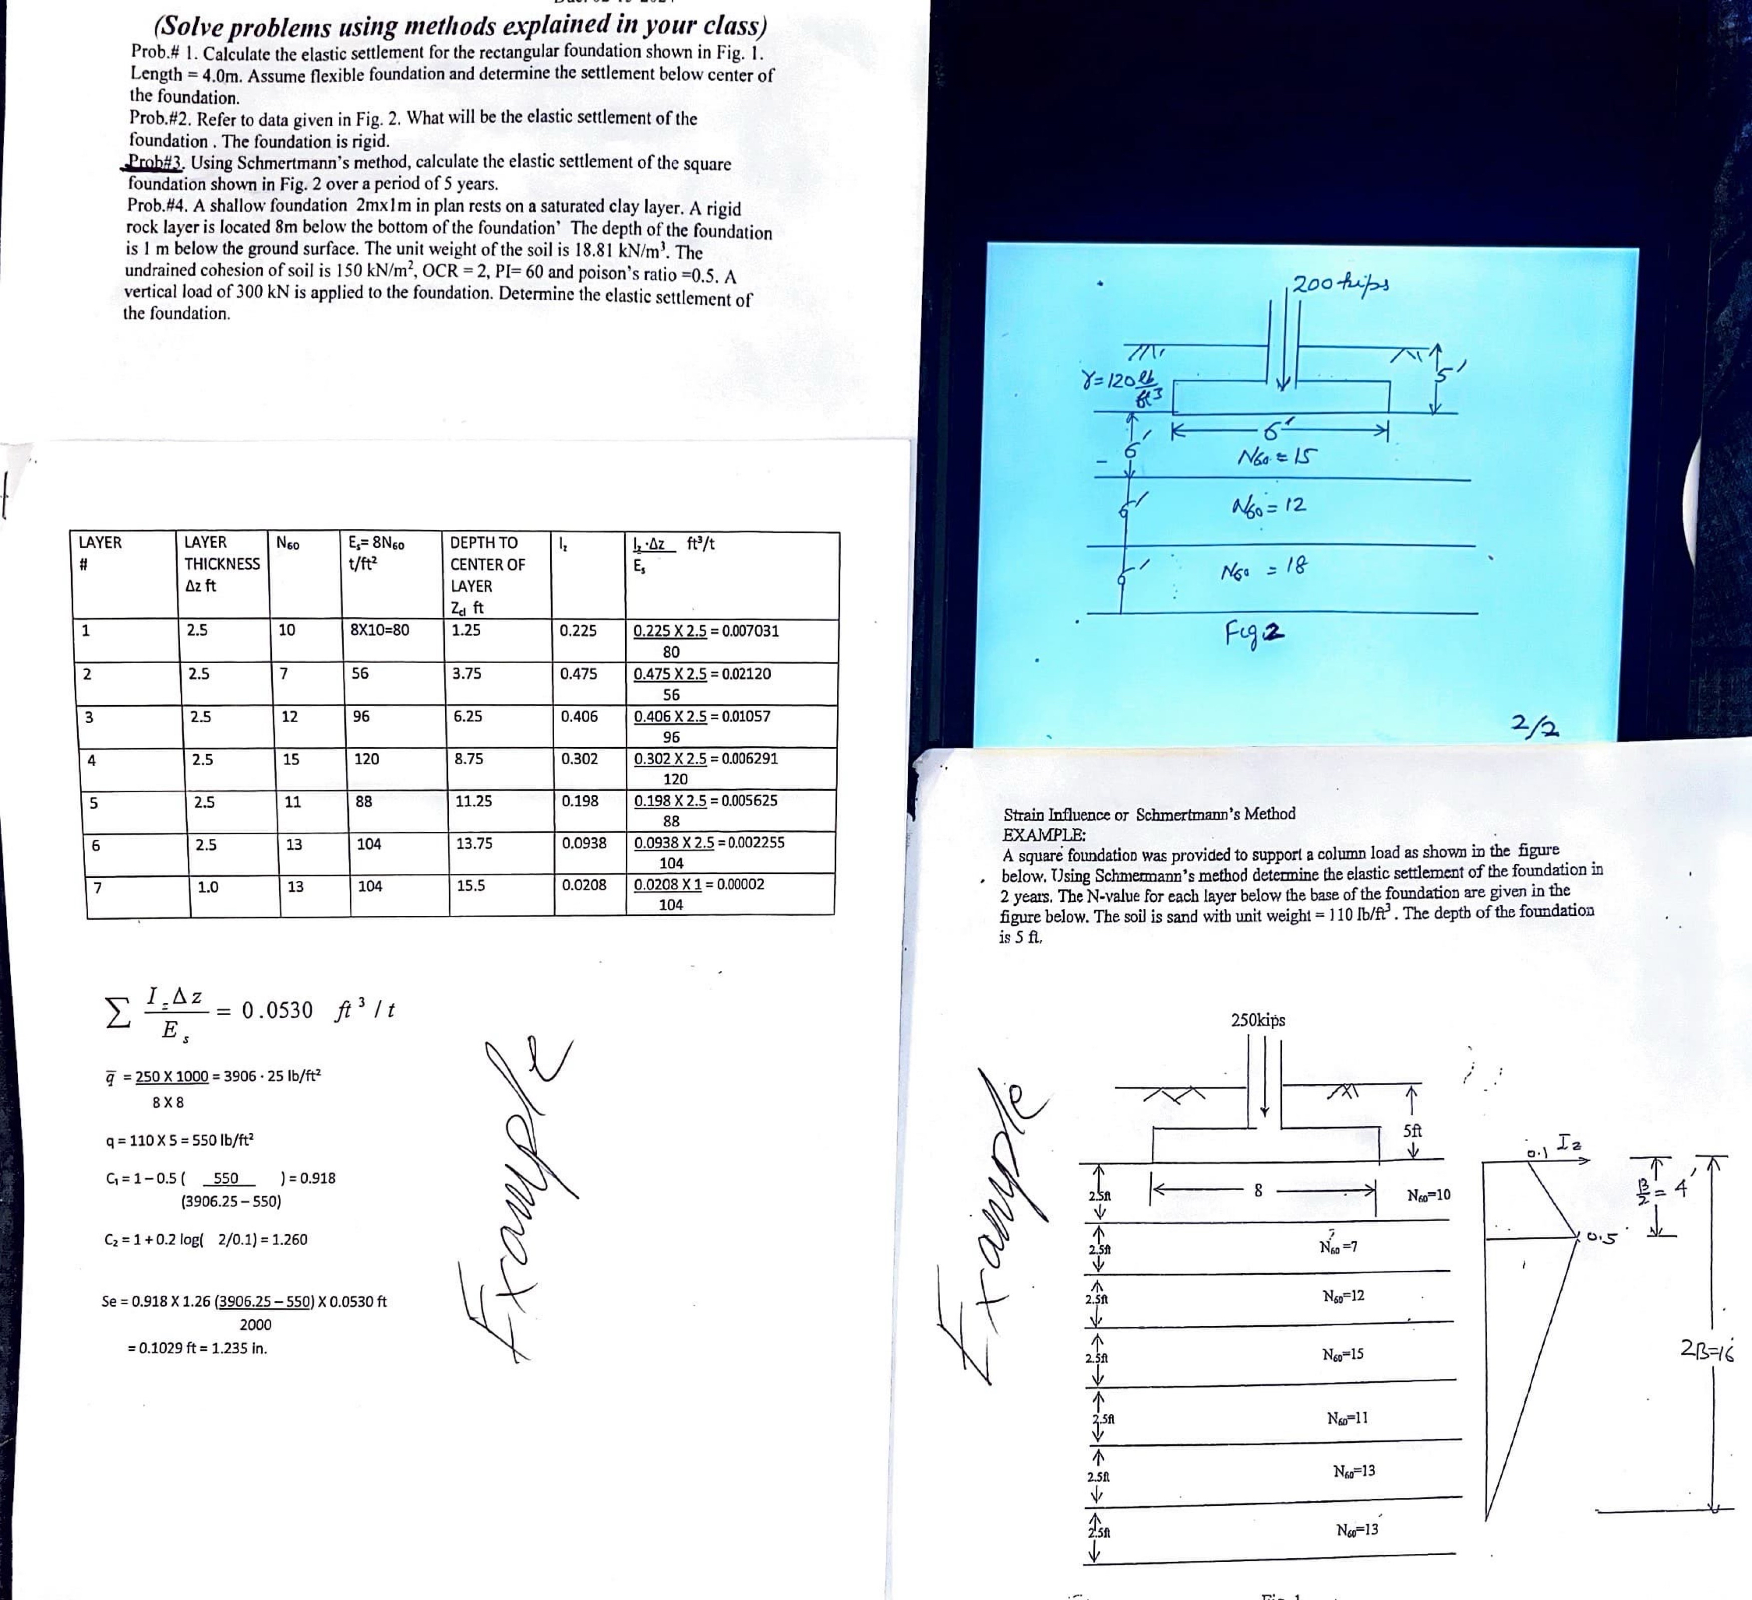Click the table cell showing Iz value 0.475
coord(578,674)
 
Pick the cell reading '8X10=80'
coord(379,630)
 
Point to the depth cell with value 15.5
coord(471,886)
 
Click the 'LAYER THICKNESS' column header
coord(222,563)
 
